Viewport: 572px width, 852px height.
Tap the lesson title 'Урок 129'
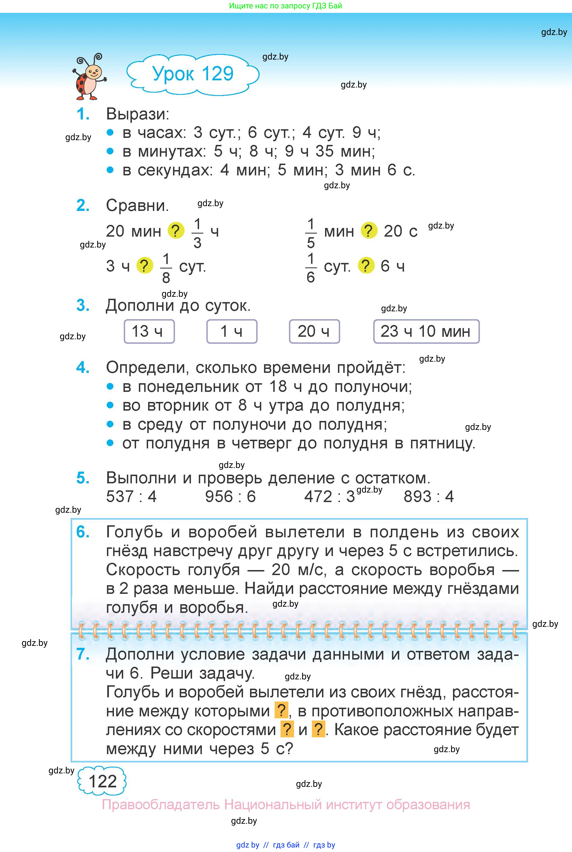pyautogui.click(x=193, y=74)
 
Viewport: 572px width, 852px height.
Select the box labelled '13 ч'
pyautogui.click(x=149, y=331)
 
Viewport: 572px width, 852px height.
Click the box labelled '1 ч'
pyautogui.click(x=232, y=331)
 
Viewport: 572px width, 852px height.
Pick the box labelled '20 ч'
pyautogui.click(x=314, y=331)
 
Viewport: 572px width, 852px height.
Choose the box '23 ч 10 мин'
pyautogui.click(x=426, y=331)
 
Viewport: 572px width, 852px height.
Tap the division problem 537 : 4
pyautogui.click(x=131, y=496)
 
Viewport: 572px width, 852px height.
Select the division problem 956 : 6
pyautogui.click(x=230, y=496)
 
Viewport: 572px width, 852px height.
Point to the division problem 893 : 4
pyautogui.click(x=428, y=496)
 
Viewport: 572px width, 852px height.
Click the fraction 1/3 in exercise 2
pyautogui.click(x=197, y=233)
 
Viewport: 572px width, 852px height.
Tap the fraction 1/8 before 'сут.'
pyautogui.click(x=166, y=268)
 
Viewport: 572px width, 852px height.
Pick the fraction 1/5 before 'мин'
pyautogui.click(x=310, y=233)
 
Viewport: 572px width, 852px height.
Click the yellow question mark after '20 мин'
pyautogui.click(x=176, y=231)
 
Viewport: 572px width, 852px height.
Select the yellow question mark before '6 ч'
pyautogui.click(x=366, y=266)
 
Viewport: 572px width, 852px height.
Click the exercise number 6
pyautogui.click(x=83, y=532)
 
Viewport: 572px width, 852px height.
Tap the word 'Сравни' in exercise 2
pyautogui.click(x=137, y=206)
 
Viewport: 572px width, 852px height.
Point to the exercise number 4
pyautogui.click(x=83, y=367)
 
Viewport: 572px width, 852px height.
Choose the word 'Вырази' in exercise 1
pyautogui.click(x=137, y=114)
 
